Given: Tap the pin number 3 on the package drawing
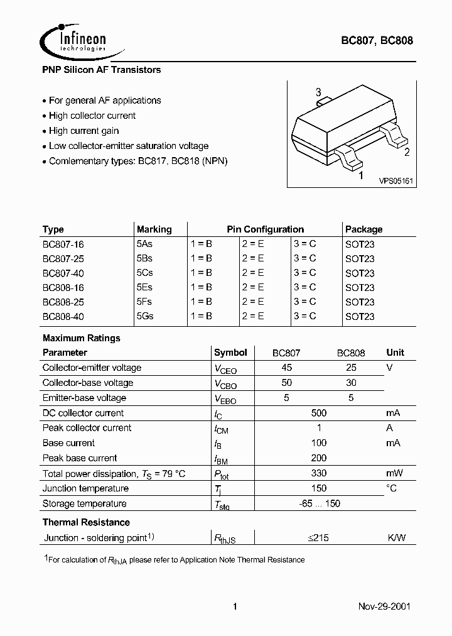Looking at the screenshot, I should tap(318, 92).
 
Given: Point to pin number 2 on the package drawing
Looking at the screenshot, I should tap(407, 151).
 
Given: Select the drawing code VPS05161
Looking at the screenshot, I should tap(395, 180).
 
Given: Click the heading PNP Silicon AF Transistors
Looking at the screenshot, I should tap(102, 70).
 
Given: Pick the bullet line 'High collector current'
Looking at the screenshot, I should tap(92, 116).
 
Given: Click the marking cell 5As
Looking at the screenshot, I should tap(145, 244).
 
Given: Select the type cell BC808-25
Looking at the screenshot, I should tap(63, 302).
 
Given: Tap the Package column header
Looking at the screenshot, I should tap(363, 229).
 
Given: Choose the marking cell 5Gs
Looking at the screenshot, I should tap(145, 316).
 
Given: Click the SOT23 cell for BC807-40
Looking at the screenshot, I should tap(360, 273).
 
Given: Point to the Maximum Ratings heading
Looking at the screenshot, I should tap(81, 338).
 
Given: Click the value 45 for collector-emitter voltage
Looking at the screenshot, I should tap(286, 368).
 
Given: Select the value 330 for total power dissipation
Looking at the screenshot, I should tap(319, 473).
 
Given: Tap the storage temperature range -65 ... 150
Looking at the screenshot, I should tap(319, 503).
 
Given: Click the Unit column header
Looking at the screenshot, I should tap(395, 353).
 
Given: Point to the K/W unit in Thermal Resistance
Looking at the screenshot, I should tap(396, 538).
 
